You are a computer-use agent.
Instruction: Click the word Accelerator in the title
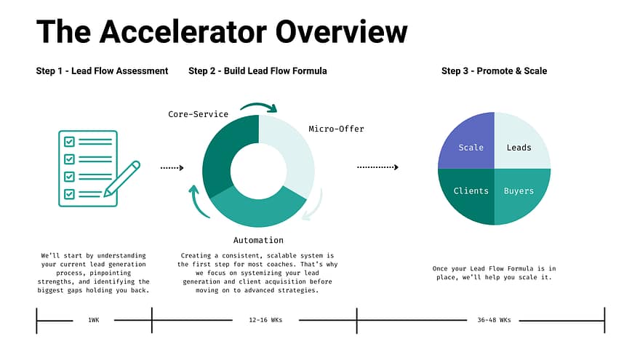(x=183, y=31)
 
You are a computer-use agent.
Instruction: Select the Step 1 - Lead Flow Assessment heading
(x=102, y=71)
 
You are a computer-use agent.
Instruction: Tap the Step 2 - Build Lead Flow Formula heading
(x=257, y=71)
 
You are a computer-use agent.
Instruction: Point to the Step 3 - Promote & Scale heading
(x=494, y=71)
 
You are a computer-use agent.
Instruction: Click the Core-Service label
(x=198, y=114)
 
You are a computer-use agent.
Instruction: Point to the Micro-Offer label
(x=336, y=129)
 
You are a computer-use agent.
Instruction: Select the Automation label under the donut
(x=258, y=241)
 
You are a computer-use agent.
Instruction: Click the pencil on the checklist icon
(x=122, y=179)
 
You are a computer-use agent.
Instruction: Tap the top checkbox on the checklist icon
(x=69, y=142)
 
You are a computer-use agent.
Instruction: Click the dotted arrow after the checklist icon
(x=172, y=168)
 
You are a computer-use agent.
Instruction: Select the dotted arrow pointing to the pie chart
(x=377, y=167)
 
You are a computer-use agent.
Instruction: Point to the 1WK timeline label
(x=94, y=320)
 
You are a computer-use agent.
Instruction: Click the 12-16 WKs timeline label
(x=265, y=320)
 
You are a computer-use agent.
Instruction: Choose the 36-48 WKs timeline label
(x=494, y=320)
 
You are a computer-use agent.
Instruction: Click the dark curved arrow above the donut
(x=260, y=107)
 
